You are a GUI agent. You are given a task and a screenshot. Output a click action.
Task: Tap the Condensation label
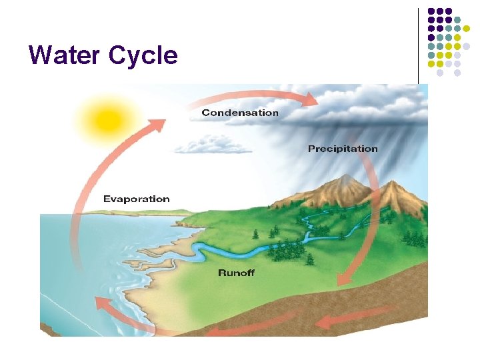pyautogui.click(x=240, y=113)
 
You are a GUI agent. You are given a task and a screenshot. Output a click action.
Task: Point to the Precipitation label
pyautogui.click(x=343, y=149)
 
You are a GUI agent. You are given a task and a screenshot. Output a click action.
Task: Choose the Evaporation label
pyautogui.click(x=136, y=199)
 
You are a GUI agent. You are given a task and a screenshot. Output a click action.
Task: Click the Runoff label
pyautogui.click(x=237, y=273)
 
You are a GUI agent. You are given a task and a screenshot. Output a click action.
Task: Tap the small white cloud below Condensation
pyautogui.click(x=209, y=143)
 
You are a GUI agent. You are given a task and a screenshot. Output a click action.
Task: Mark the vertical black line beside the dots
pyautogui.click(x=419, y=45)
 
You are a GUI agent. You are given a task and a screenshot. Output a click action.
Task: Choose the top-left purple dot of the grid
pyautogui.click(x=431, y=11)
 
